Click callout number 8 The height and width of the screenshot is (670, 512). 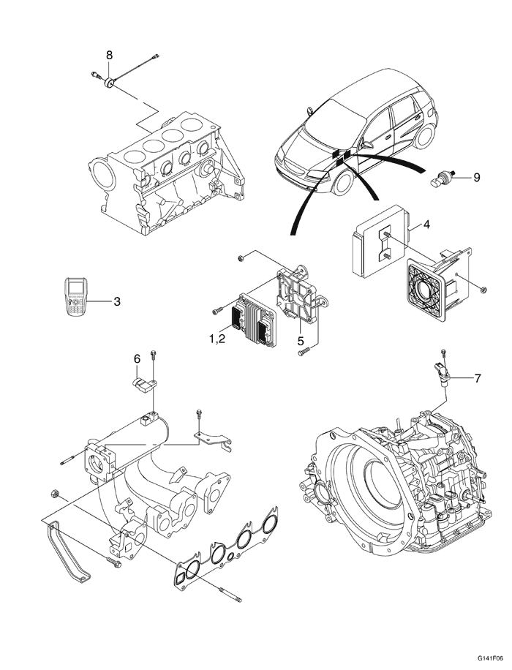coord(110,55)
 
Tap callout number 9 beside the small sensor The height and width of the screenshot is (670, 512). coord(476,177)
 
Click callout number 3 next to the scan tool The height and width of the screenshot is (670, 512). coord(116,300)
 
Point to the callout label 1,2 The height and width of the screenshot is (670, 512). coord(222,340)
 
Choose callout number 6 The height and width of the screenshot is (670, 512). coord(136,358)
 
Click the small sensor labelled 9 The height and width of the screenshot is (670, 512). coord(443,176)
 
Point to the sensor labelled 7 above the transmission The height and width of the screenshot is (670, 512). coord(443,370)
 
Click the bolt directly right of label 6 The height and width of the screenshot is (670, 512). coord(154,358)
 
